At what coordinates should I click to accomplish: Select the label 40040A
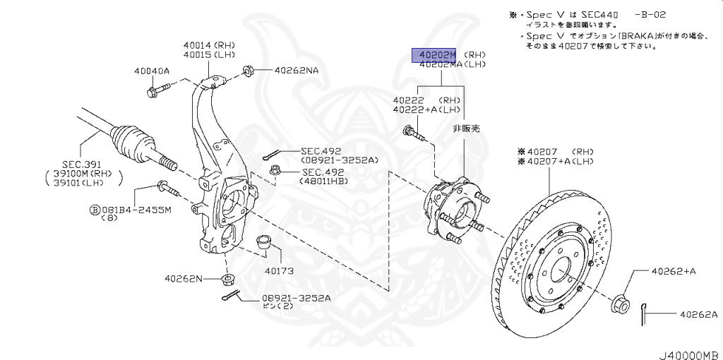pyautogui.click(x=152, y=71)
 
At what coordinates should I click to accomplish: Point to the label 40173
pyautogui.click(x=279, y=270)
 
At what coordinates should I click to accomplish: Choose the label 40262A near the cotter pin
pyautogui.click(x=698, y=314)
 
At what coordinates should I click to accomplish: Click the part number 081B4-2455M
pyautogui.click(x=134, y=209)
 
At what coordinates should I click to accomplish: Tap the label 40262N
pyautogui.click(x=184, y=278)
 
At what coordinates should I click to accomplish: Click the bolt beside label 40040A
pyautogui.click(x=159, y=90)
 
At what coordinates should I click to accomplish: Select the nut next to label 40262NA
pyautogui.click(x=249, y=71)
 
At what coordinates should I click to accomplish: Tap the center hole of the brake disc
pyautogui.click(x=558, y=271)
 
